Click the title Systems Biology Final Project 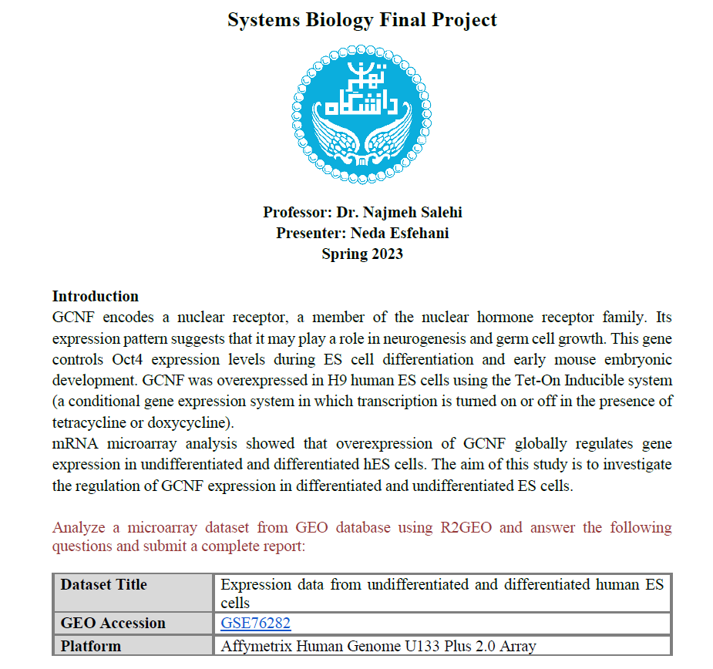[x=362, y=19]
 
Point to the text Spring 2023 [x=362, y=254]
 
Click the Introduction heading [x=95, y=296]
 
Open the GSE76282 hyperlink [x=255, y=624]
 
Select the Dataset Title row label [x=103, y=585]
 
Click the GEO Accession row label [x=113, y=624]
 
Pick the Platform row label [x=91, y=646]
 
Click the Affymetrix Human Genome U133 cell [x=378, y=646]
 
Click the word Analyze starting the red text [x=79, y=527]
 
